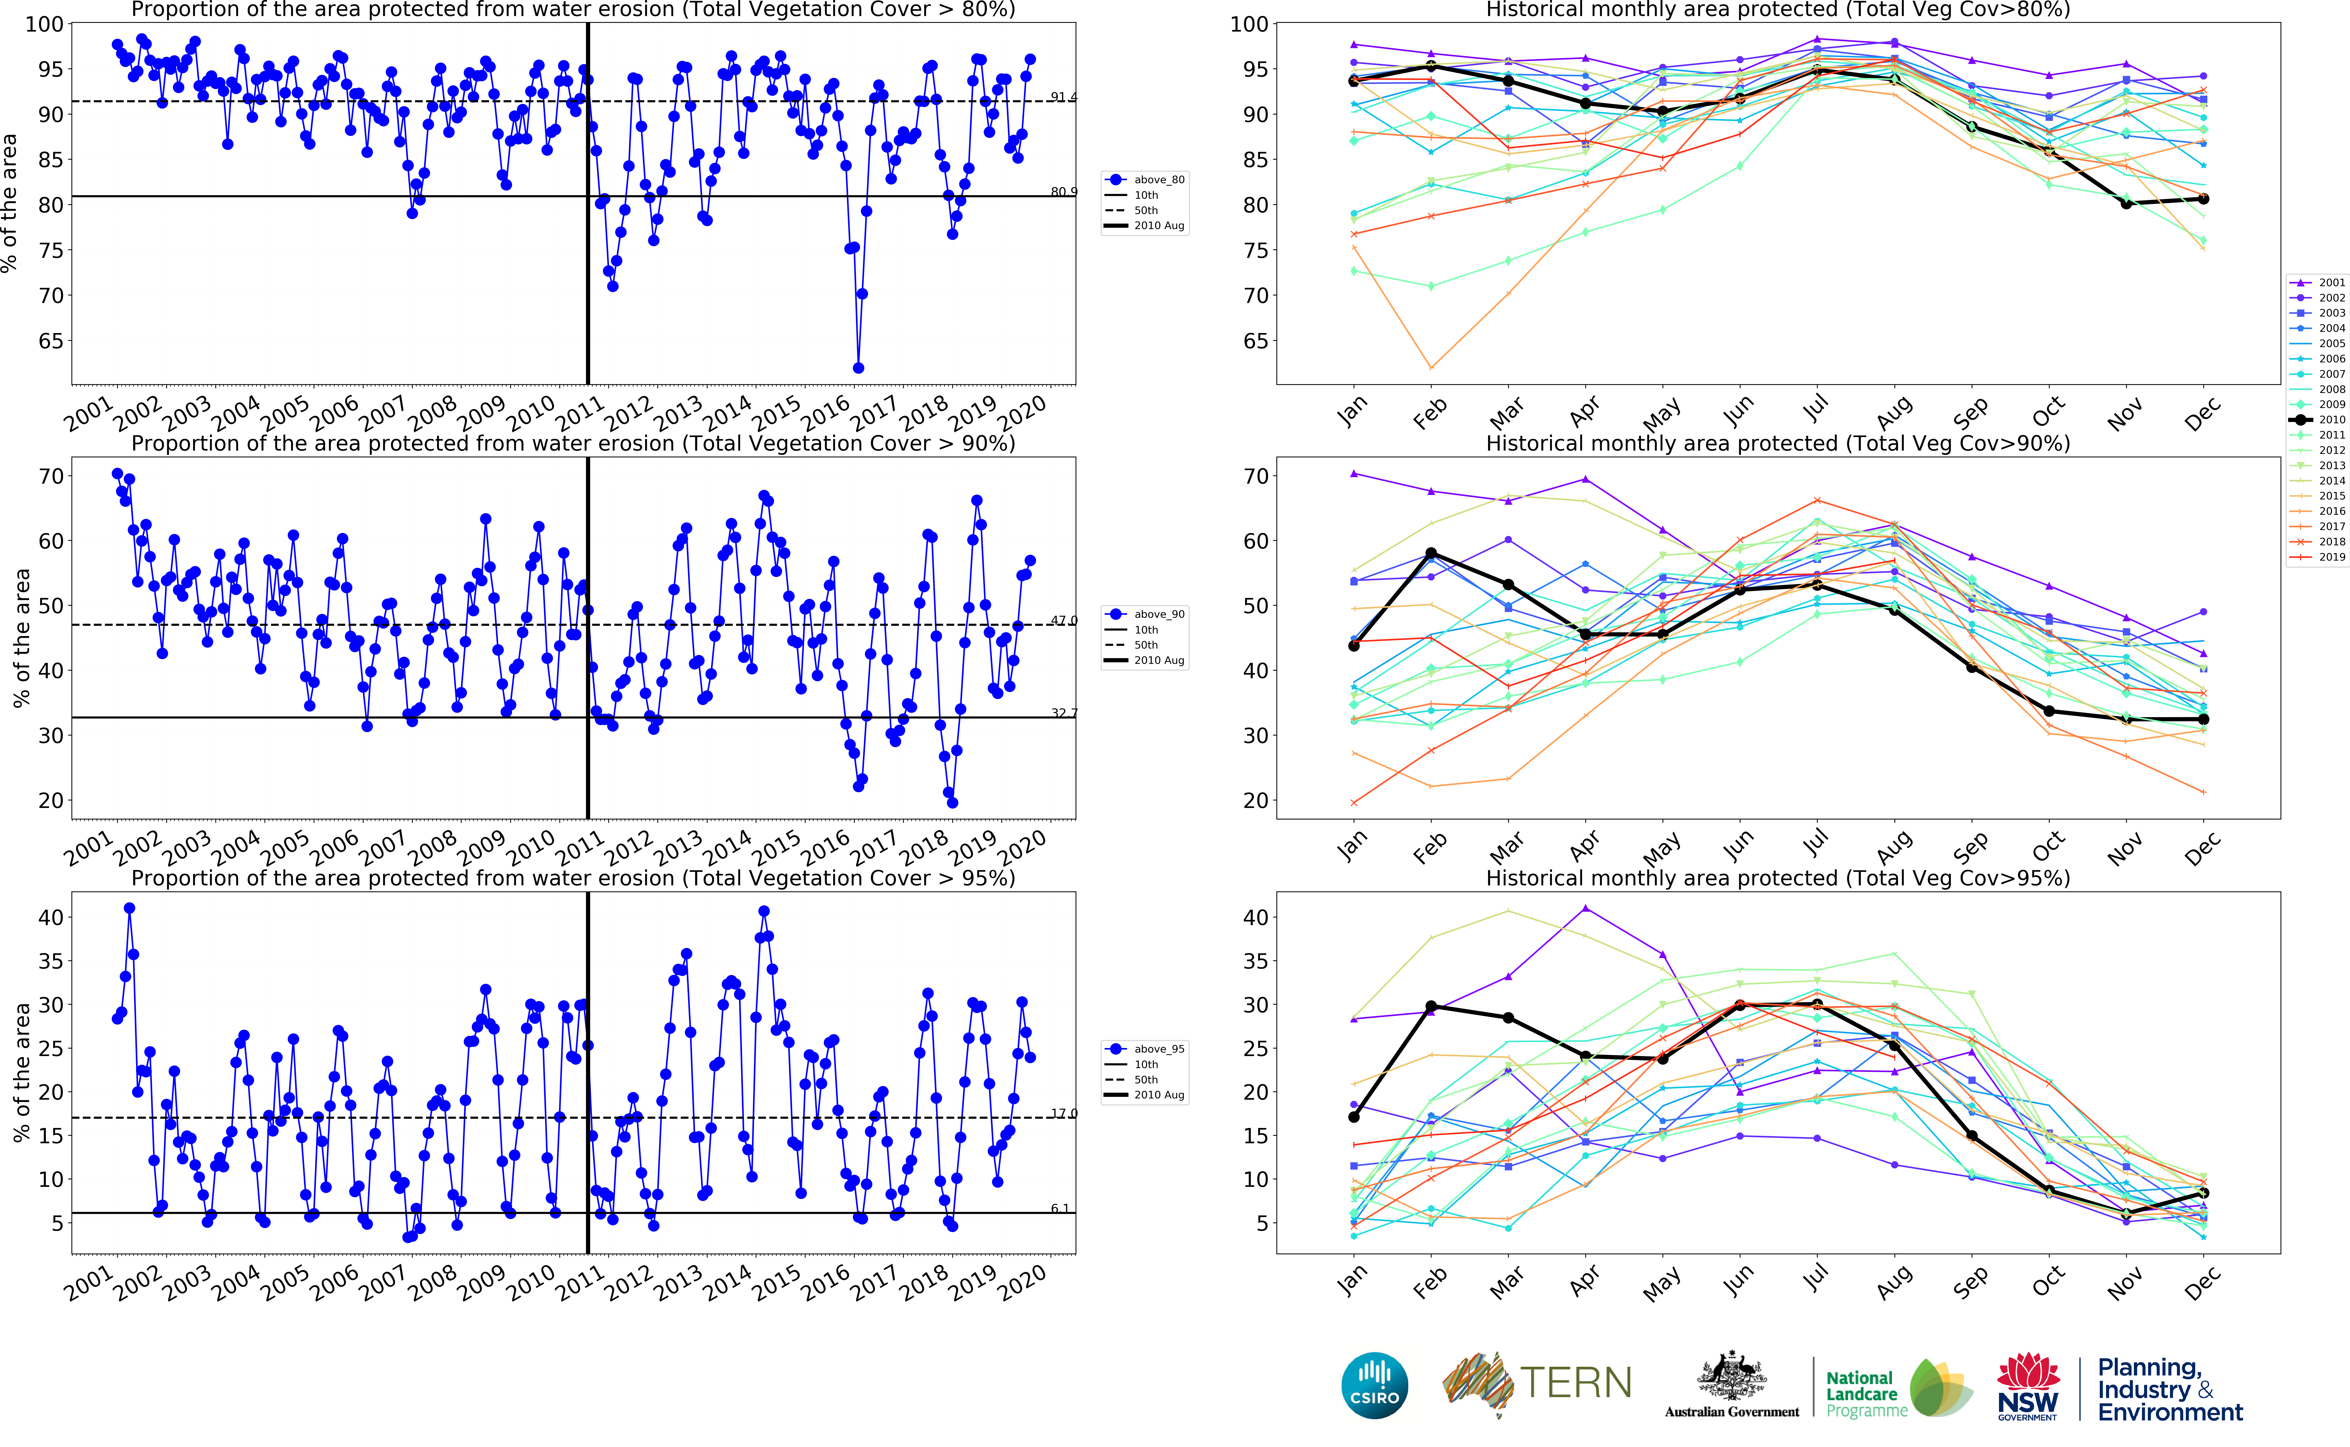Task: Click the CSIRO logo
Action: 1375,1385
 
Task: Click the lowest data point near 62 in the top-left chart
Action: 859,367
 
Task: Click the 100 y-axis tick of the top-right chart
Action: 1249,24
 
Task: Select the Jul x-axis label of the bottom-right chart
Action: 1816,1280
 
